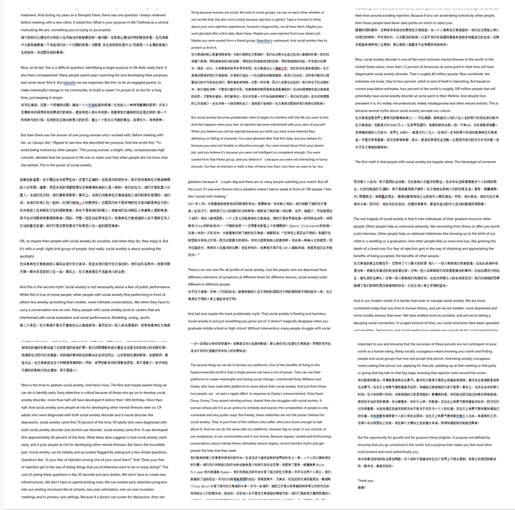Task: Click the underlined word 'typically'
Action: (69, 83)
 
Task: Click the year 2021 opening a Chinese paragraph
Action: (194, 204)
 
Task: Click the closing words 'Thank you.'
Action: (366, 481)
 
